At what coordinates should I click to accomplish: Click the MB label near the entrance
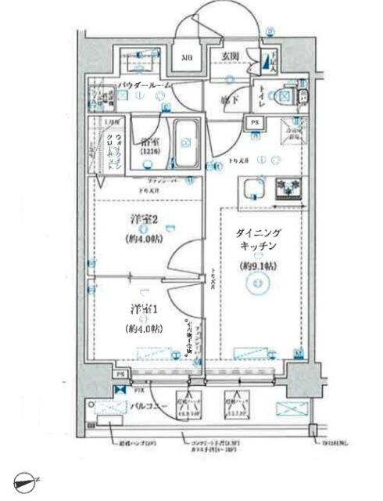[188, 58]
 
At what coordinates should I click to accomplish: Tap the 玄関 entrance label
[228, 56]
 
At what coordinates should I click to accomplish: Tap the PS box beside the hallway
[255, 122]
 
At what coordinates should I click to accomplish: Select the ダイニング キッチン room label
[260, 239]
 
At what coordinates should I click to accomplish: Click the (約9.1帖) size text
[260, 266]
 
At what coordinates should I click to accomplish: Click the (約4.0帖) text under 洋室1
[144, 329]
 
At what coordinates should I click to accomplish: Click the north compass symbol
[27, 485]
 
